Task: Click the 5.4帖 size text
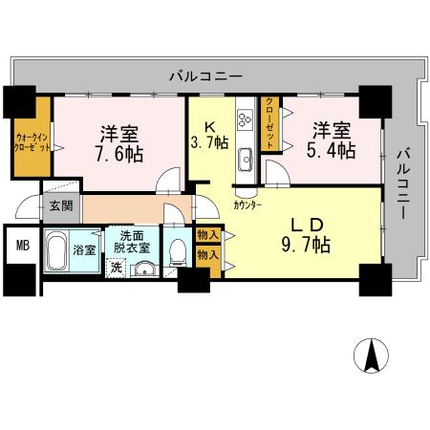click(331, 150)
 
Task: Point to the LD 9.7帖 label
click(308, 235)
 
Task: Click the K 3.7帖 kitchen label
click(208, 134)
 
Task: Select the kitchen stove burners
click(244, 118)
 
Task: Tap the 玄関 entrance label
click(60, 204)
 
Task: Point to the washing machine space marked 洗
click(117, 268)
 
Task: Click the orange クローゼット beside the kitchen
click(270, 122)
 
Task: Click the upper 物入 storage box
click(207, 235)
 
